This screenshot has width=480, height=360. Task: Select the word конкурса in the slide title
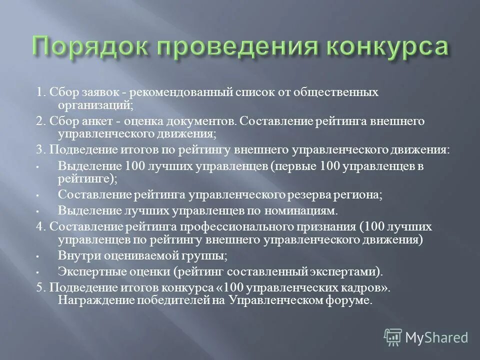(387, 48)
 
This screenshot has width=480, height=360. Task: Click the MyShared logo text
(436, 337)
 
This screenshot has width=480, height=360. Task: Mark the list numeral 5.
(39, 288)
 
